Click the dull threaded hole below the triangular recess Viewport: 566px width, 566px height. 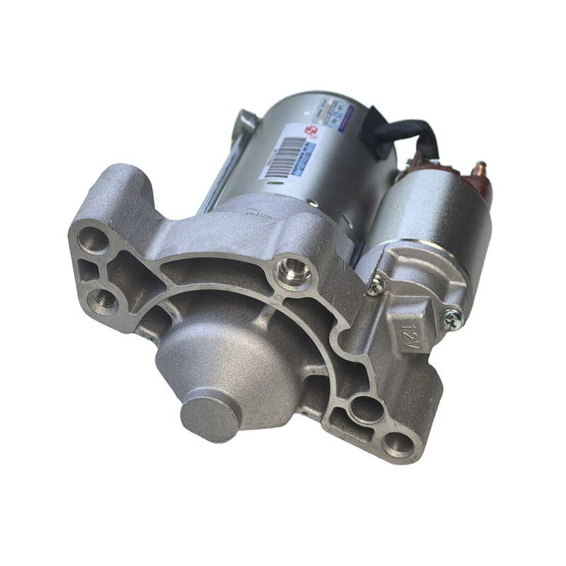pos(103,301)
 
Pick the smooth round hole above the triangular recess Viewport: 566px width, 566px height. pos(93,239)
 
